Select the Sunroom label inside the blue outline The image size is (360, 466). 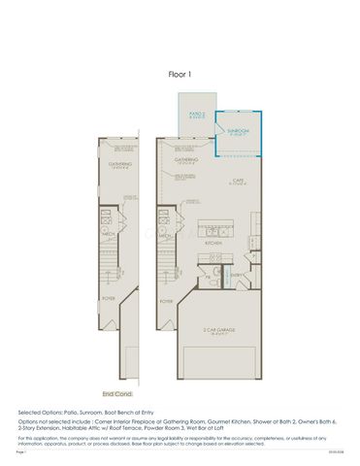(239, 129)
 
